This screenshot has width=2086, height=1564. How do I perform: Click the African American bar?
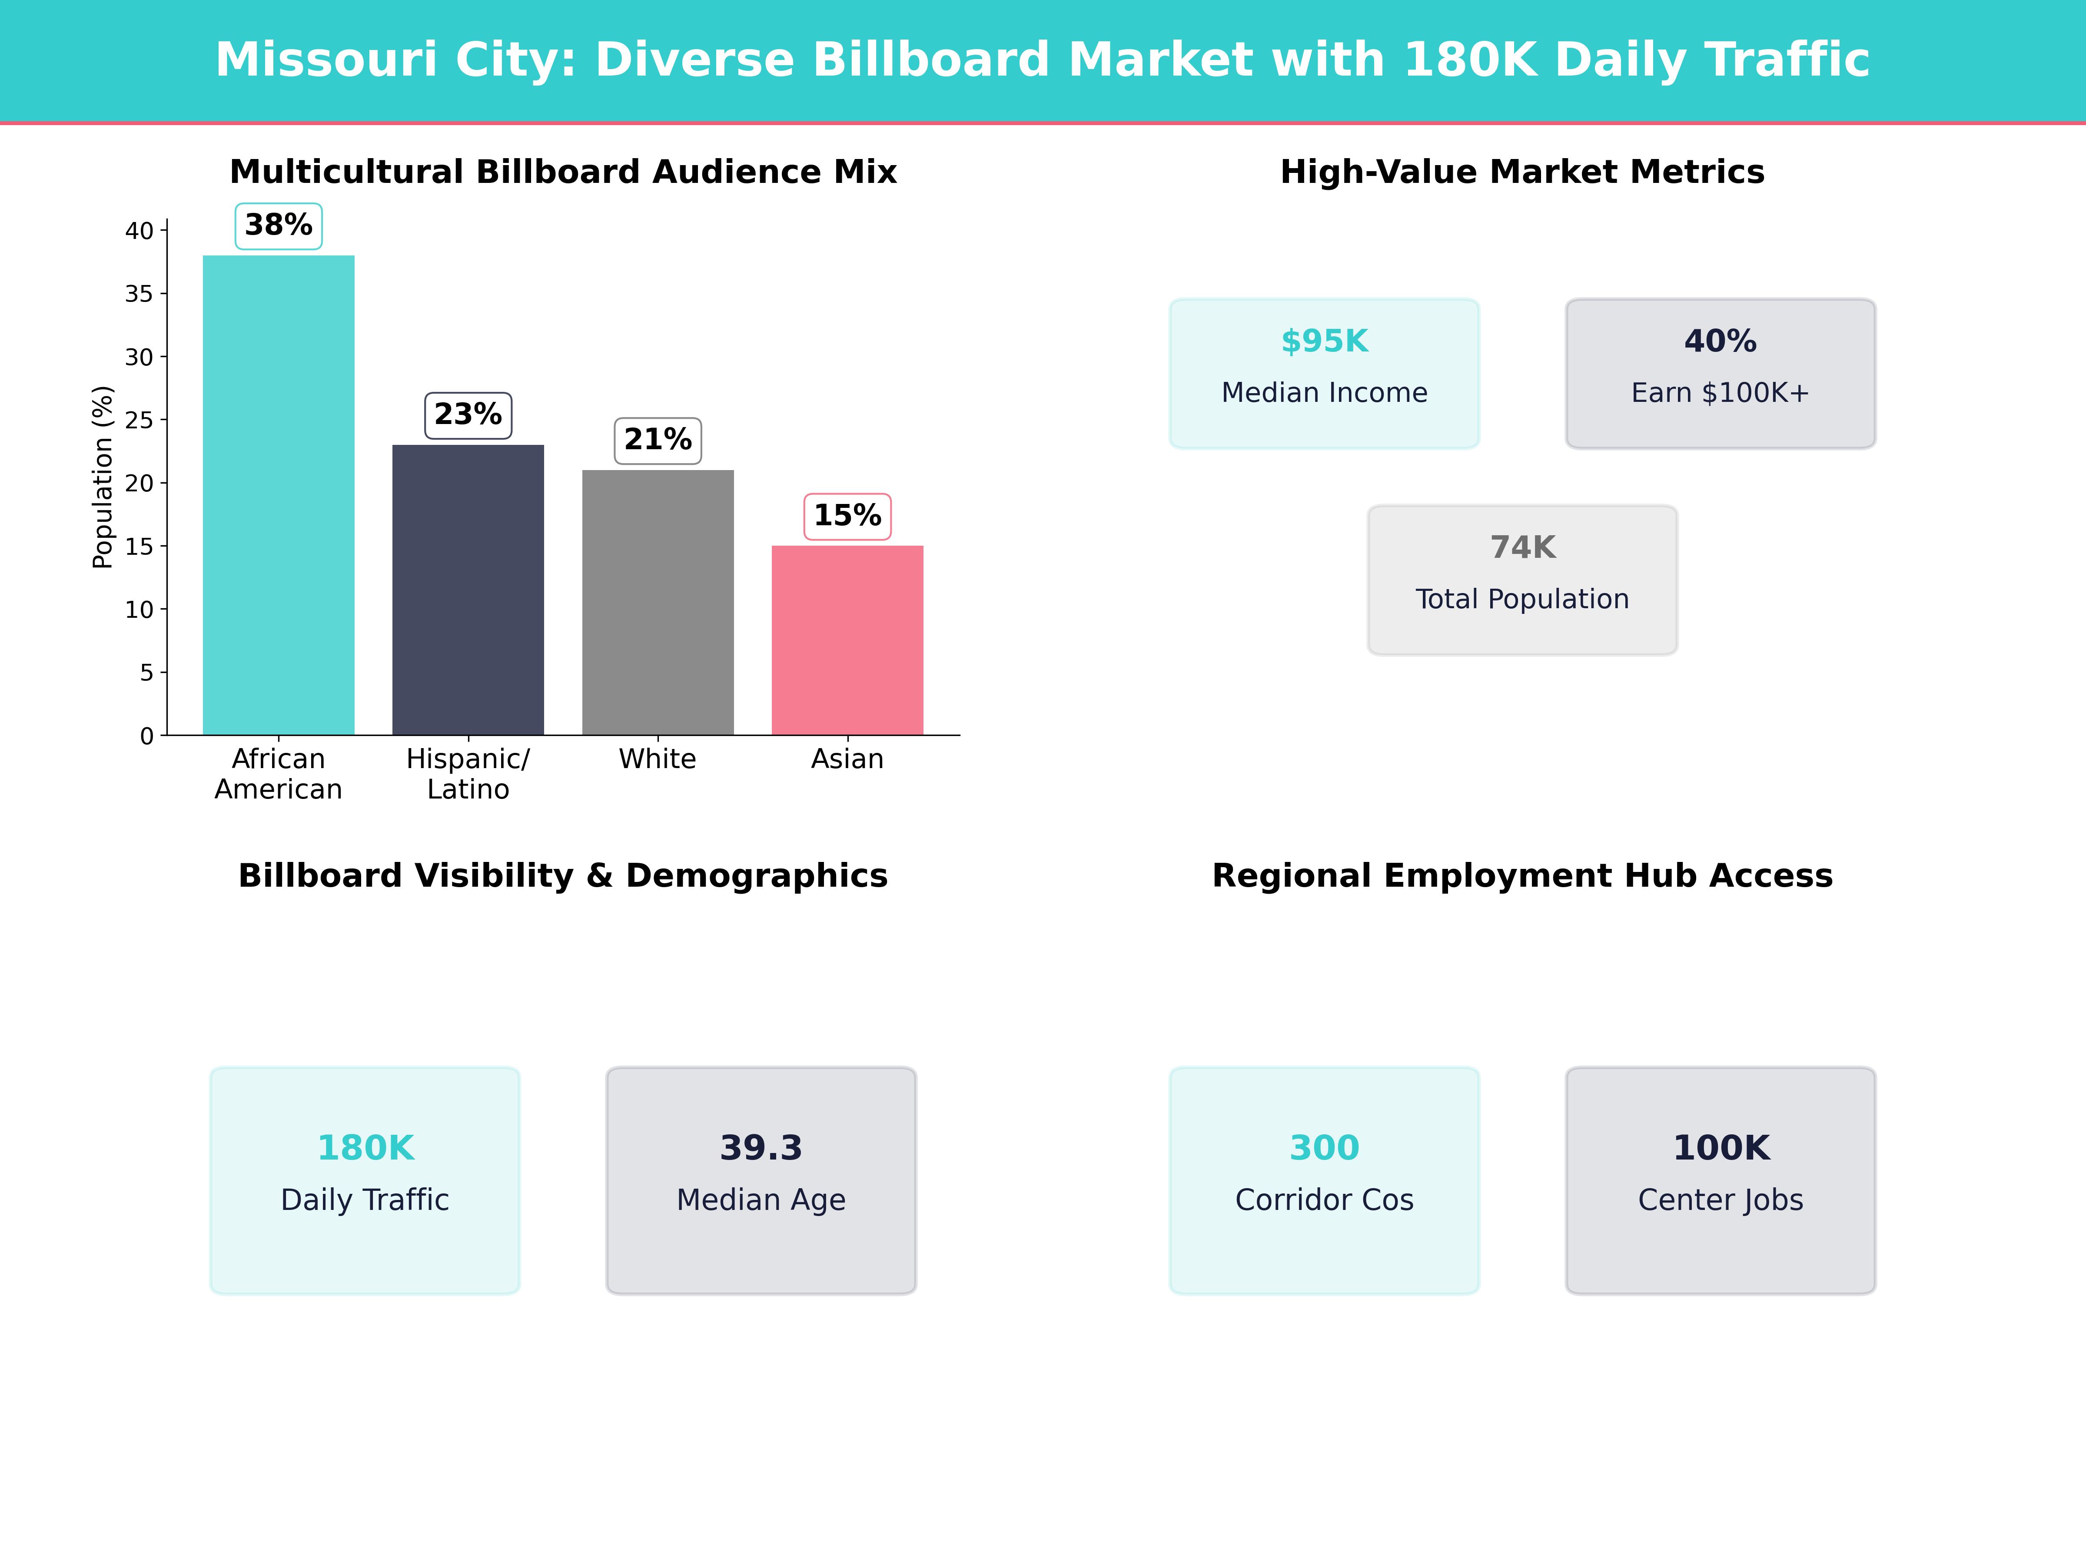point(278,495)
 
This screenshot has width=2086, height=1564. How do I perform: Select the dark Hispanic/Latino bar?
point(468,589)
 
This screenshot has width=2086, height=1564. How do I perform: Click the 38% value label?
point(278,225)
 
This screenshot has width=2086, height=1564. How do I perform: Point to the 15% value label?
point(847,516)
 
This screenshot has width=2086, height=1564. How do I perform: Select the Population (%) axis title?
point(102,477)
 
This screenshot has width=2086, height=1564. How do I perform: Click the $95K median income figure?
point(1324,341)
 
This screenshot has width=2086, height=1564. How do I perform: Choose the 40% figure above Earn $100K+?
point(1720,341)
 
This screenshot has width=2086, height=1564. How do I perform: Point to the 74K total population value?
point(1522,548)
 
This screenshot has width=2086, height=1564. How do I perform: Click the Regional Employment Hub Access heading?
point(1522,876)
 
